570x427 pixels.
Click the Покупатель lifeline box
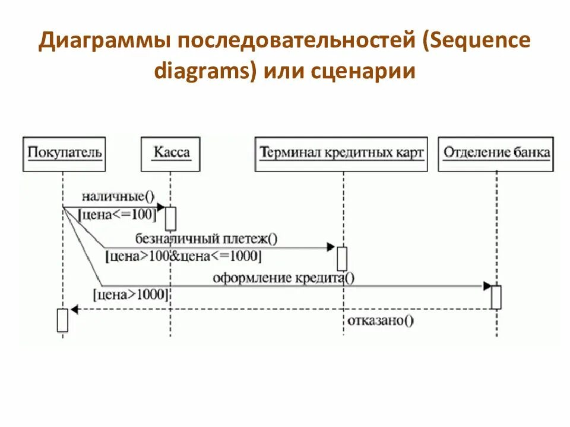65,154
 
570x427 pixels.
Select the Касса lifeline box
171,154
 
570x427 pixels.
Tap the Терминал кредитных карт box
341,154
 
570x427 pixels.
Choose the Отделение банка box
496,154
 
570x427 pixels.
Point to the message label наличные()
118,196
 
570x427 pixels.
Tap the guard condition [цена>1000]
131,294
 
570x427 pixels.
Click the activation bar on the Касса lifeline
171,218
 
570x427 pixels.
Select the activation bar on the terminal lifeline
342,259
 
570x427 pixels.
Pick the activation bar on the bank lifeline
496,297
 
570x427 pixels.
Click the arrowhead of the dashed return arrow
74,309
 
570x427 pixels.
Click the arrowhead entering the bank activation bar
487,286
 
